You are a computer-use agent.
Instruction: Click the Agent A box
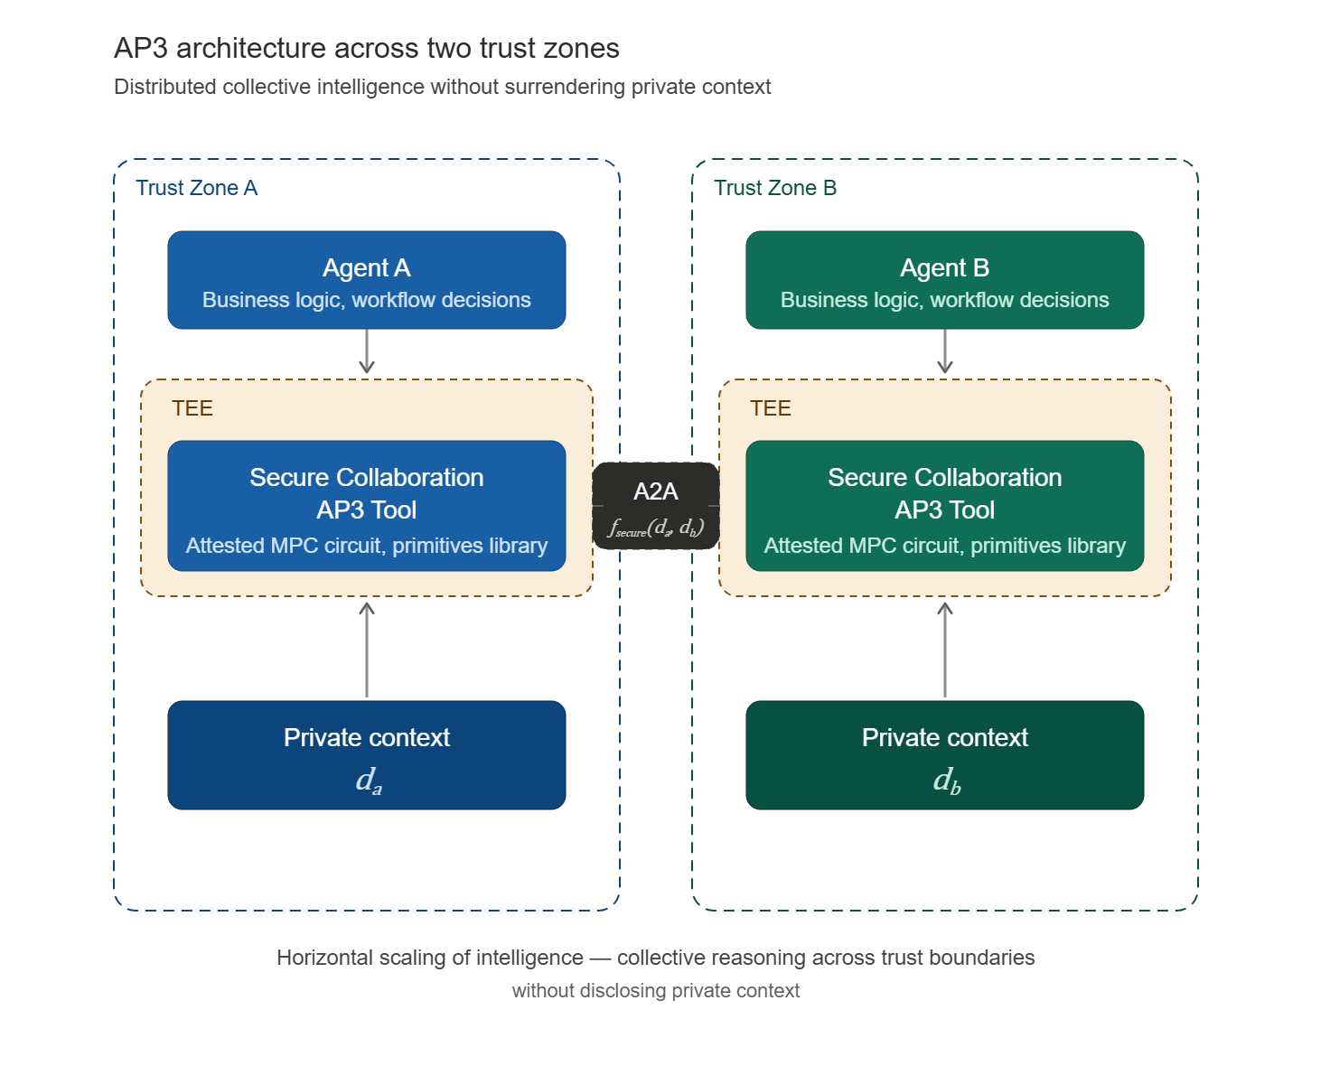[366, 280]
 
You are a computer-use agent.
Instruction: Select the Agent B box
[944, 280]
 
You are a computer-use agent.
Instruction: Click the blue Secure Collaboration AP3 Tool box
[366, 506]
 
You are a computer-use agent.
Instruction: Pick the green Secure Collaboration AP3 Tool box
[944, 506]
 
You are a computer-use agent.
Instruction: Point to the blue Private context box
[366, 755]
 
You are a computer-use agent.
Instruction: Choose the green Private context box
[944, 755]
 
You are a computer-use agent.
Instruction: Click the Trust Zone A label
[196, 188]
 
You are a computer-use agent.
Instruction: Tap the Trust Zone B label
[774, 188]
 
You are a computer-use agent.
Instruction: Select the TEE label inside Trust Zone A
[192, 408]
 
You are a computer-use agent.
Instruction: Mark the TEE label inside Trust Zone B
[771, 408]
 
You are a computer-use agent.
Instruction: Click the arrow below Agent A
[366, 352]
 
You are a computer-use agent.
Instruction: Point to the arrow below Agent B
[944, 352]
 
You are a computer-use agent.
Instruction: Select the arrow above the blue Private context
[366, 649]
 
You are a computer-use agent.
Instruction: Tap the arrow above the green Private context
[944, 649]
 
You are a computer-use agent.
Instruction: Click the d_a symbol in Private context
[369, 780]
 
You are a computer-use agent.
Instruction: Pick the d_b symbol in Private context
[947, 780]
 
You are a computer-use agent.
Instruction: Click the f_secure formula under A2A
[655, 528]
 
